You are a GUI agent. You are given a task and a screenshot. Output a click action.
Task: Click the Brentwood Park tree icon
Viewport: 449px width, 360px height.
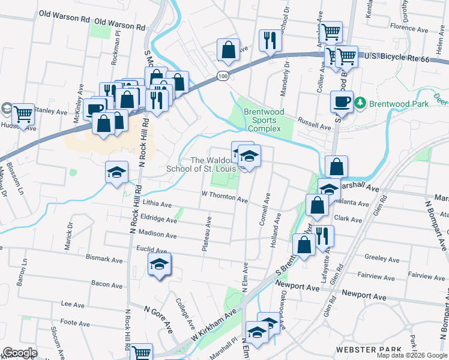click(360, 103)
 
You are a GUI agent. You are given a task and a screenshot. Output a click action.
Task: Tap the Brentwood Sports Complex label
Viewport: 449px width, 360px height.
click(262, 121)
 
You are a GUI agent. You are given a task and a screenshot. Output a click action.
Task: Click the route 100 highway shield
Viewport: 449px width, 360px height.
click(223, 77)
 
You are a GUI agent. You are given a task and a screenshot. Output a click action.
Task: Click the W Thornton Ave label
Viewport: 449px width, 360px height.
click(224, 196)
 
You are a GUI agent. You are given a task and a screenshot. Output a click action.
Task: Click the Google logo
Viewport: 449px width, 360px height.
click(19, 353)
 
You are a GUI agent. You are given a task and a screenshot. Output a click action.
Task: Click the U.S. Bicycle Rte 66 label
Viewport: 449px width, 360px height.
click(397, 58)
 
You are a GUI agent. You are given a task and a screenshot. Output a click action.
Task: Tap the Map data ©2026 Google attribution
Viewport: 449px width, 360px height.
click(411, 355)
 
